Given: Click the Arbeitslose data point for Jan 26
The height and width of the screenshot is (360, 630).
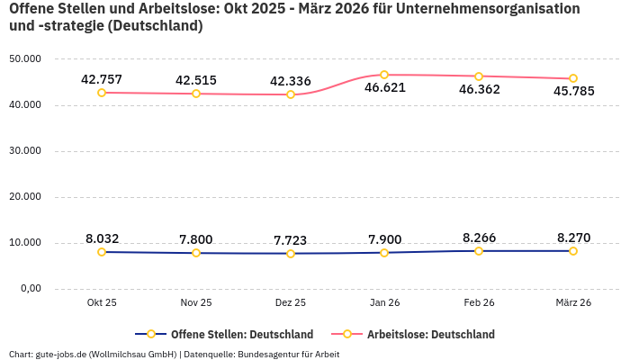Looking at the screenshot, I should point(384,75).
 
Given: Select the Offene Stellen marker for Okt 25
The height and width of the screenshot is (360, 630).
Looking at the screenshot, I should point(102,252).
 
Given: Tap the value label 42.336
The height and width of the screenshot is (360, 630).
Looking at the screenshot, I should point(290,81).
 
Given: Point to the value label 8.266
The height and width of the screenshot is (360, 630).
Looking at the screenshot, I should point(479,238).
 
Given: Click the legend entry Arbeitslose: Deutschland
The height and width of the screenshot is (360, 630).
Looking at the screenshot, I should point(430,334).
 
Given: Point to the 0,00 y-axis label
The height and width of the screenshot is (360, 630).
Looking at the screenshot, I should point(30,289).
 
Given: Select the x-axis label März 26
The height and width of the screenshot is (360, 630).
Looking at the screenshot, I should point(573,303).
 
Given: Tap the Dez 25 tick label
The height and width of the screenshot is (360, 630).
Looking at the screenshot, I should point(290,303).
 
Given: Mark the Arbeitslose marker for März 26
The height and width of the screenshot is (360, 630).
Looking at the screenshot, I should point(573,78).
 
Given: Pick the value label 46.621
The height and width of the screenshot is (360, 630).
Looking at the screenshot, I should point(384,88).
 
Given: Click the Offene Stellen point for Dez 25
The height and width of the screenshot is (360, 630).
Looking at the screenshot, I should point(290,254).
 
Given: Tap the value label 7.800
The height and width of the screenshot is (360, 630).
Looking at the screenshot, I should point(196,239).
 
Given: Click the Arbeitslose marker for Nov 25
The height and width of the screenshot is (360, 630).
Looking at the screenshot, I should point(196,94).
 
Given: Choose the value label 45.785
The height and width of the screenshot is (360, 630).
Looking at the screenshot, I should point(573,91).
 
